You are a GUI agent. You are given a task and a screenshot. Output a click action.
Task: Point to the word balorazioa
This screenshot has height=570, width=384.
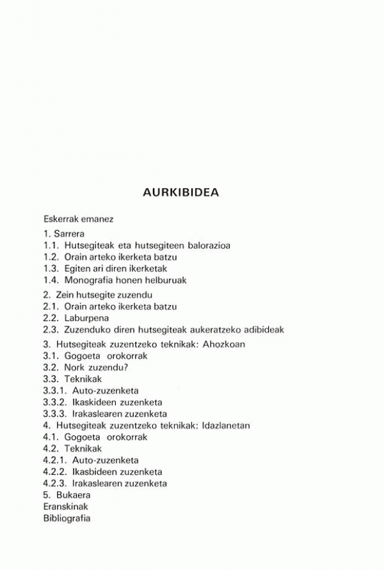[206, 245]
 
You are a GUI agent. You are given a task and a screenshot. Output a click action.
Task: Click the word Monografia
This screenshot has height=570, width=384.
[90, 280]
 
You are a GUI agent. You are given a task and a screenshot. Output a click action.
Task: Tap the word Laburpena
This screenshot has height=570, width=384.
[86, 318]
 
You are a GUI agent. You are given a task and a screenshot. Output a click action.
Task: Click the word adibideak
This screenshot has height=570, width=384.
[262, 329]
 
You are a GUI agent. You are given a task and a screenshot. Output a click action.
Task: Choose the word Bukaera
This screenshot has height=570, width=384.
[73, 495]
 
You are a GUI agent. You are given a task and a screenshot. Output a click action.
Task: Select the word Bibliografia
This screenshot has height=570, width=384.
[67, 518]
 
